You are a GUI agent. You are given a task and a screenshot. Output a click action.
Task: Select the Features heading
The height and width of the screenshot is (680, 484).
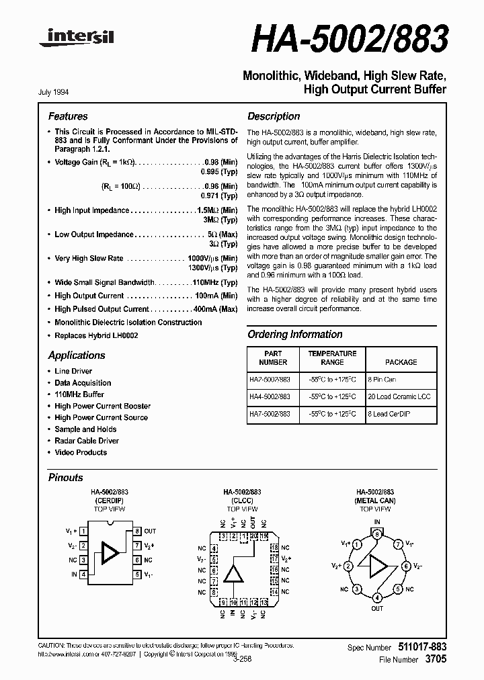click(x=68, y=116)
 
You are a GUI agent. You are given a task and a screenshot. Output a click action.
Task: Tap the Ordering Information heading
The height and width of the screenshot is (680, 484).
click(x=294, y=334)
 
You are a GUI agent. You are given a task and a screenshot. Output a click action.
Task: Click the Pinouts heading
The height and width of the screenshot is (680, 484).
click(x=66, y=477)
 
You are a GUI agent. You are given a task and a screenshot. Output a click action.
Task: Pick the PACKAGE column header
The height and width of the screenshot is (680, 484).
click(x=401, y=362)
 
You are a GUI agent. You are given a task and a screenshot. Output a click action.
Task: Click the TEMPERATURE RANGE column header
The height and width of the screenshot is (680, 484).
click(x=332, y=357)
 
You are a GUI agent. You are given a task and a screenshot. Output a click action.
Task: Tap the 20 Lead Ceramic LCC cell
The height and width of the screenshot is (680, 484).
click(x=399, y=397)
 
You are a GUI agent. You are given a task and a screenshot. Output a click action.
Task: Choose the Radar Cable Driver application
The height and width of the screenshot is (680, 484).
click(x=87, y=441)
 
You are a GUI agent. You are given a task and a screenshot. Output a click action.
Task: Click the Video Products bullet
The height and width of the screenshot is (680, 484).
click(x=81, y=452)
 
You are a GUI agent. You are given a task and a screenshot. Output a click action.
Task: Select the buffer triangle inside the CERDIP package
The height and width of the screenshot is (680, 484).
click(x=109, y=552)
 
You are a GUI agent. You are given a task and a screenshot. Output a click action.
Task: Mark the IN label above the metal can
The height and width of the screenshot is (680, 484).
click(x=377, y=522)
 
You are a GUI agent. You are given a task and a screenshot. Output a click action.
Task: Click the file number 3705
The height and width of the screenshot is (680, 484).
click(x=435, y=660)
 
